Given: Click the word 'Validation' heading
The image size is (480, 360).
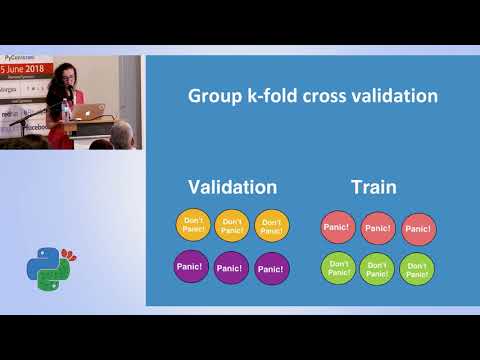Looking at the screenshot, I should tap(233, 187).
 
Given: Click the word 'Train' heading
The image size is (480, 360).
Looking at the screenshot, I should tap(374, 187).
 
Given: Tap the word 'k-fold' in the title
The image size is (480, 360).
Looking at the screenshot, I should tap(280, 97).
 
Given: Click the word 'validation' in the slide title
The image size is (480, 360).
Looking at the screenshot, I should tap(398, 97).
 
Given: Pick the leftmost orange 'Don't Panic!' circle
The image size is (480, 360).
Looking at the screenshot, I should tap(193, 226).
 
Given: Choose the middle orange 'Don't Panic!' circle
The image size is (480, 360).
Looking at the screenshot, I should tap(232, 226).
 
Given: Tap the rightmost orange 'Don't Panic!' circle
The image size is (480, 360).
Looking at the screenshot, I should tap(271, 226).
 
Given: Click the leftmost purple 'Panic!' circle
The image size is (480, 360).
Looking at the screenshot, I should tap(191, 267).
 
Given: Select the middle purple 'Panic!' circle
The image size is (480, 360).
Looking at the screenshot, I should tap(232, 268).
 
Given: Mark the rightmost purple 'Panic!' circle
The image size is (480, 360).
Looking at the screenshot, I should tap(272, 268).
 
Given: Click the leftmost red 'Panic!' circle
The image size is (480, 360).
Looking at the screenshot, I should tap(338, 227).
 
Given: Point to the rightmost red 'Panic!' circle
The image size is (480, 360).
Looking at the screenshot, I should tap(417, 228).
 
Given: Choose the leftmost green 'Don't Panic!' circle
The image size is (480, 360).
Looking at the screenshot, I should tap(338, 268).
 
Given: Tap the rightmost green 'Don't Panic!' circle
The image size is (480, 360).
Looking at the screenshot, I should tap(417, 268).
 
